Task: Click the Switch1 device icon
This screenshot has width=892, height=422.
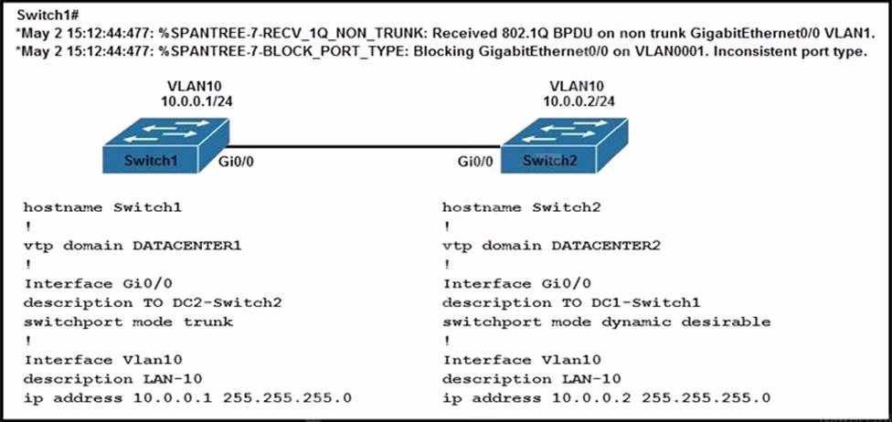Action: coord(165,145)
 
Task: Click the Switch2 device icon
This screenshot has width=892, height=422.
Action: coord(564,145)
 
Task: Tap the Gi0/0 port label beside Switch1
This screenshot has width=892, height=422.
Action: coord(236,162)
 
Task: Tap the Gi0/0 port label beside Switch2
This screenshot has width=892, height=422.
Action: coord(475,162)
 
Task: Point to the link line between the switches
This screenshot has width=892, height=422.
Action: coord(365,146)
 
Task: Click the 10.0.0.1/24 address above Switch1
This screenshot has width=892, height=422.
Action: coord(195,101)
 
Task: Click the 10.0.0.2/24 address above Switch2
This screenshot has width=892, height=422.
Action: coord(577,101)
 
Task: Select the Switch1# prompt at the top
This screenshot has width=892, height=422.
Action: coord(42,16)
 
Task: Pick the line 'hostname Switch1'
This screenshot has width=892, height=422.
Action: coord(102,207)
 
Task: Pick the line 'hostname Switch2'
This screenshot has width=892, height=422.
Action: coord(522,207)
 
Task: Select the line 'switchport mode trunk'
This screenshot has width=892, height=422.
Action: coord(128,322)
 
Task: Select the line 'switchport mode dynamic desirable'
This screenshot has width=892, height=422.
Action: coord(607,322)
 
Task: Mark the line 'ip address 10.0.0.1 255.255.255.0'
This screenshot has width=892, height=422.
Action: coord(187,397)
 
